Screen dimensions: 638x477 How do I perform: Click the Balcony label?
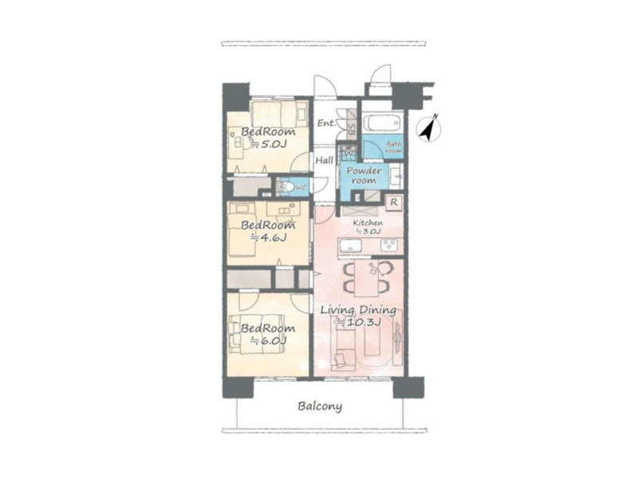pyautogui.click(x=320, y=406)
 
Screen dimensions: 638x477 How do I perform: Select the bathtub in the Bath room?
pyautogui.click(x=382, y=122)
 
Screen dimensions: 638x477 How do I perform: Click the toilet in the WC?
pyautogui.click(x=288, y=187)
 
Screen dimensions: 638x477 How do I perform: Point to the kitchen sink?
pyautogui.click(x=351, y=246)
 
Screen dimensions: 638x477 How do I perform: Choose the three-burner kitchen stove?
pyautogui.click(x=389, y=246)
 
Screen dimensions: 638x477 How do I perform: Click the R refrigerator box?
pyautogui.click(x=394, y=203)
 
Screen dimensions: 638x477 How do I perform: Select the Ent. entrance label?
pyautogui.click(x=327, y=123)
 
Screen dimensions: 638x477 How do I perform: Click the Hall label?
pyautogui.click(x=325, y=161)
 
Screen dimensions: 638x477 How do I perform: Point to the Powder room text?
pyautogui.click(x=364, y=175)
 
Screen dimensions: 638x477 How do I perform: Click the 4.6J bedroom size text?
pyautogui.click(x=269, y=237)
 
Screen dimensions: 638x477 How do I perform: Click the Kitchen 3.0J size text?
pyautogui.click(x=368, y=232)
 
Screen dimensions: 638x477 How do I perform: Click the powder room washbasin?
pyautogui.click(x=396, y=177)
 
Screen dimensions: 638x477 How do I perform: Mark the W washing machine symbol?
pyautogui.click(x=349, y=153)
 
